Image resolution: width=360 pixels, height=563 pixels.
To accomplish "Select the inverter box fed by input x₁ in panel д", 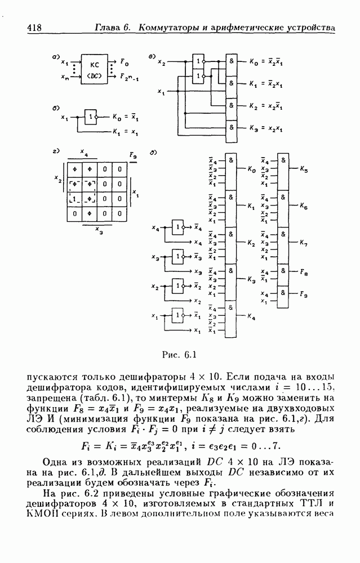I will click(178, 316).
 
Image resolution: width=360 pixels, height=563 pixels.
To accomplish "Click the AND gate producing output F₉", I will click(283, 293).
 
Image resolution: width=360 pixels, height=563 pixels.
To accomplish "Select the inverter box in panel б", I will click(90, 118).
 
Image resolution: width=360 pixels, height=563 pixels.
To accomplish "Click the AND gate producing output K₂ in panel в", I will click(232, 105).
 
